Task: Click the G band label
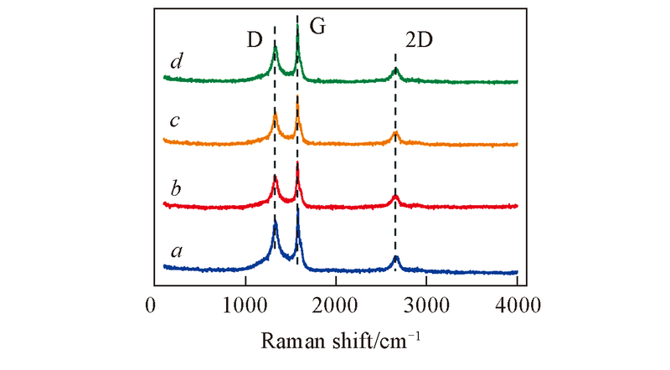tap(317, 27)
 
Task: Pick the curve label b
tap(175, 185)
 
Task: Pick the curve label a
tap(175, 249)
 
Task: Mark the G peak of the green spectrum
tap(298, 27)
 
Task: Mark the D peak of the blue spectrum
tap(275, 223)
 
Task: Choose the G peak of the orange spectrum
tap(298, 102)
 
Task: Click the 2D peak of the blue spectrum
tap(395, 258)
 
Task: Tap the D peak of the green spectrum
tap(275, 47)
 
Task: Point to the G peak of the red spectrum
tap(298, 165)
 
